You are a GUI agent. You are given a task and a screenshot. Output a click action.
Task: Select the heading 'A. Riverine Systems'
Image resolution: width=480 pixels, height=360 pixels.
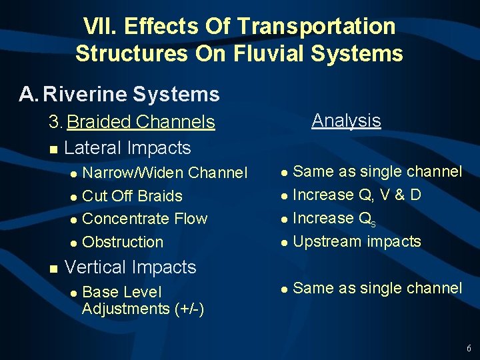pos(119,95)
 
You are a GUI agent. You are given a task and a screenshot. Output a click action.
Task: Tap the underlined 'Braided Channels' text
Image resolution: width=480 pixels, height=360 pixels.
pos(141,122)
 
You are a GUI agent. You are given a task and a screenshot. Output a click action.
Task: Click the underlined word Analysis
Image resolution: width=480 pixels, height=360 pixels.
pos(346,121)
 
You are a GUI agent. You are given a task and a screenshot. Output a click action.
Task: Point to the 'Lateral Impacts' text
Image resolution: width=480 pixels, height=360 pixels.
pos(127,148)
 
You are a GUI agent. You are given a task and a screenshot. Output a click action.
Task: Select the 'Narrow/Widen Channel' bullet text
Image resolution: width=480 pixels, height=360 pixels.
pos(164,173)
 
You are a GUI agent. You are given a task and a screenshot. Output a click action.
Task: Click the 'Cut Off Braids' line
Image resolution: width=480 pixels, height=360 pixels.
pos(132,196)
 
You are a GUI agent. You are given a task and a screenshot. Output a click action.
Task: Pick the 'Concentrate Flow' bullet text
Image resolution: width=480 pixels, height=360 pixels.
pos(145,219)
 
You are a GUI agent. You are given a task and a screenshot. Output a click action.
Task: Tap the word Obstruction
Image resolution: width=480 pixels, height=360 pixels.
pos(123,242)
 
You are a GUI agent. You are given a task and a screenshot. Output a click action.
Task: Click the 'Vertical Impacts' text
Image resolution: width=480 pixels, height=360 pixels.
pos(130,267)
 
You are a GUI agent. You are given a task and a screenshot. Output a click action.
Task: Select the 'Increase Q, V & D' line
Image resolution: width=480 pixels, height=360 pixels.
pos(357,195)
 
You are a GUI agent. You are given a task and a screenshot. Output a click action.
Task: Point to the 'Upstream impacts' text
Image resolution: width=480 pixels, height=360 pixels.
pos(357,241)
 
